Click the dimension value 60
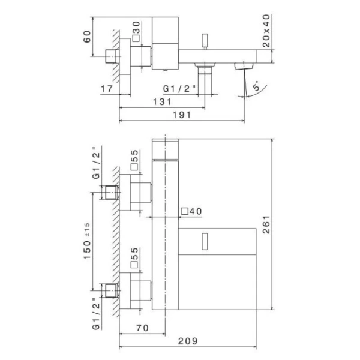88,37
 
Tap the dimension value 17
107,89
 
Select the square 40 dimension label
192,212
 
